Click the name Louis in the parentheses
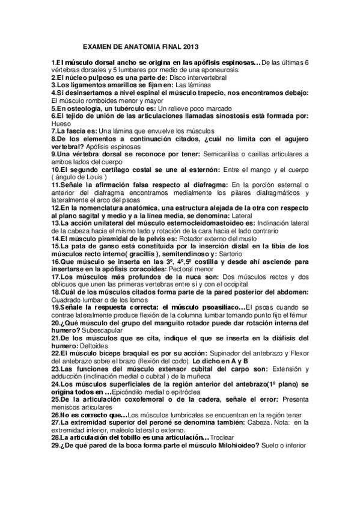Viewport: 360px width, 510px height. point(98,178)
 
